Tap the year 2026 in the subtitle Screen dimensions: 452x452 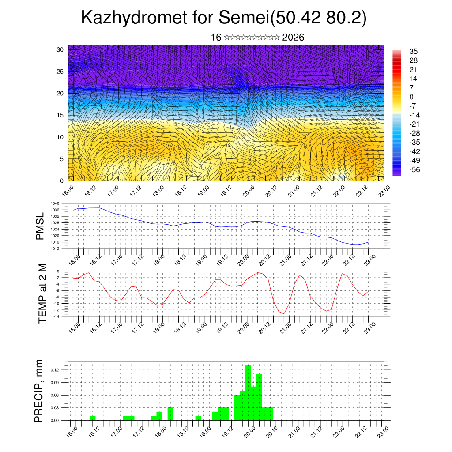pos(293,38)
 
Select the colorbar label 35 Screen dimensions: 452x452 pos(414,52)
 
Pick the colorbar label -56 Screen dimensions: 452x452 pos(414,169)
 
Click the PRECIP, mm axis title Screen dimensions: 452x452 pos(39,391)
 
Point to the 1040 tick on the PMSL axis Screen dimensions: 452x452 pos(55,203)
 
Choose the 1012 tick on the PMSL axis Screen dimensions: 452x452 pos(55,249)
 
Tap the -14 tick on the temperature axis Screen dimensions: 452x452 pos(57,316)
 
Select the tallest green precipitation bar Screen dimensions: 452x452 pos(248,393)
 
